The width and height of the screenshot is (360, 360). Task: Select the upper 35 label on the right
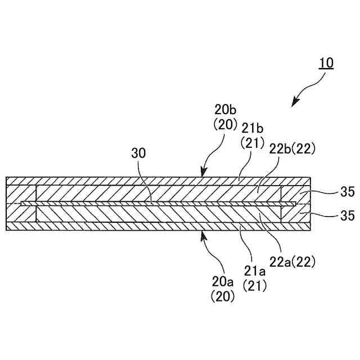[347, 192]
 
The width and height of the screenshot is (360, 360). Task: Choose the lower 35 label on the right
[347, 215]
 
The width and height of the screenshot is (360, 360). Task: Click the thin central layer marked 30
[157, 204]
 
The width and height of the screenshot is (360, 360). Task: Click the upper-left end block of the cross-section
[21, 193]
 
